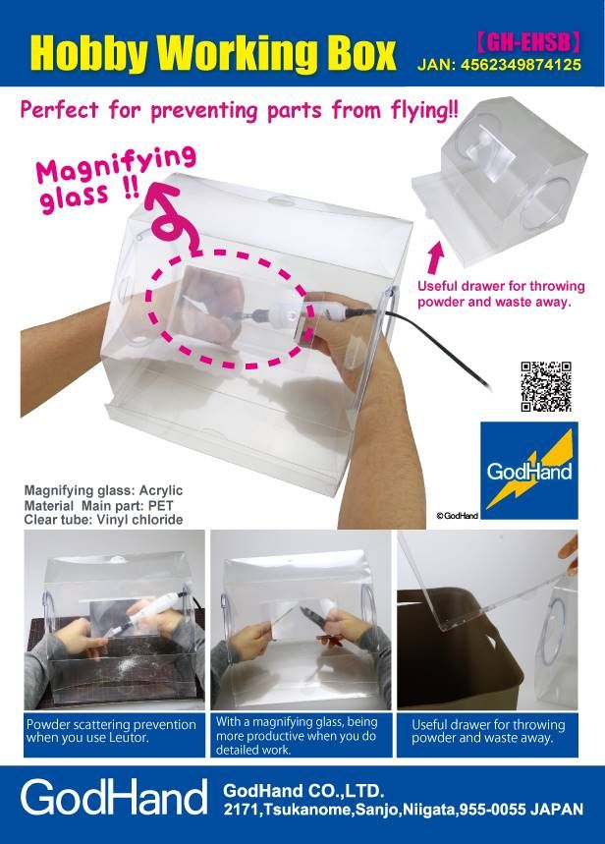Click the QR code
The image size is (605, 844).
(546, 386)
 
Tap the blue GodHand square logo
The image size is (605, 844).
(528, 471)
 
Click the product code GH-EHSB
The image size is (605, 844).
(529, 41)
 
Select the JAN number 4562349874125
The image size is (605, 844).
(521, 65)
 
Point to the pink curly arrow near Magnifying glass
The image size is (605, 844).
(171, 220)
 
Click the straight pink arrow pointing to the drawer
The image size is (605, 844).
(436, 257)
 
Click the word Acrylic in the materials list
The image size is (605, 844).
(161, 491)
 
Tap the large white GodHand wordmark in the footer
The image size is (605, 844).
(114, 798)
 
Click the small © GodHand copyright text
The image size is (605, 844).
(457, 516)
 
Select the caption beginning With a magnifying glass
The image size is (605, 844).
(297, 736)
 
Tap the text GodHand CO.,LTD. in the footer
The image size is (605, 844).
(303, 791)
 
